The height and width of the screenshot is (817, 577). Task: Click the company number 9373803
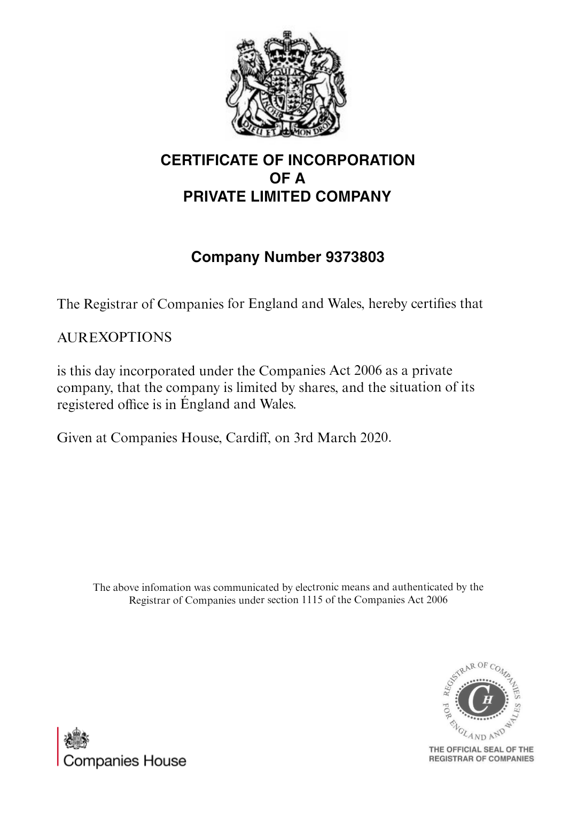pyautogui.click(x=355, y=257)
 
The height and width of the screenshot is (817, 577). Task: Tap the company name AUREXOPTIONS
pyautogui.click(x=114, y=337)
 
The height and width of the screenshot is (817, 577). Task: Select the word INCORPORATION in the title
pyautogui.click(x=351, y=160)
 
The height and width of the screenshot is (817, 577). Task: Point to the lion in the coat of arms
pyautogui.click(x=247, y=80)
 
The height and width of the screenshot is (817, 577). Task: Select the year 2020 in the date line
pyautogui.click(x=375, y=438)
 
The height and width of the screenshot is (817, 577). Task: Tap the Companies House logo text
pyautogui.click(x=124, y=761)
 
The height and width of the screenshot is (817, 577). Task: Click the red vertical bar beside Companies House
pyautogui.click(x=58, y=746)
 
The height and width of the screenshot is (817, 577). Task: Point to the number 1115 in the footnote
pyautogui.click(x=312, y=600)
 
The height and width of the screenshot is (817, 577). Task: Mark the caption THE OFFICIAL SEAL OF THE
pyautogui.click(x=481, y=749)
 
